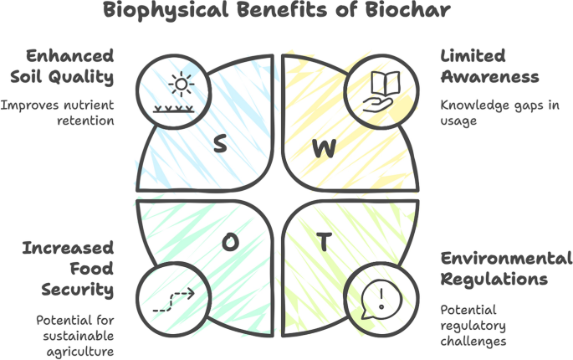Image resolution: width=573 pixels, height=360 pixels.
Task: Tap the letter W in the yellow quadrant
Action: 324,149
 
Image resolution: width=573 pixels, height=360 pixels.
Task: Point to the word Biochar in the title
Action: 413,13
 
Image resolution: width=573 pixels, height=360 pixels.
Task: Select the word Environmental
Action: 507,257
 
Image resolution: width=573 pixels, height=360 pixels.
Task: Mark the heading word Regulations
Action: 494,278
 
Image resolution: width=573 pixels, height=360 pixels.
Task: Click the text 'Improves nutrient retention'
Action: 58,113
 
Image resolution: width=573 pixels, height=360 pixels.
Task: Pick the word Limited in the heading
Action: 473,56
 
